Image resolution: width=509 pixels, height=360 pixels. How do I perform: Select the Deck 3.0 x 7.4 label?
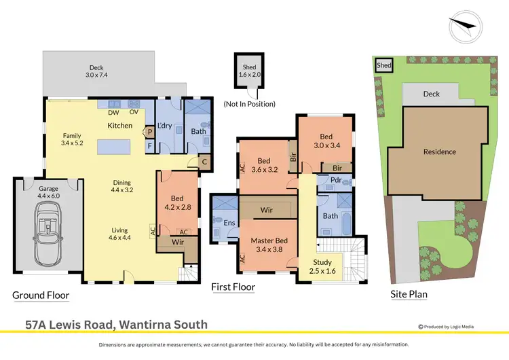pyautogui.click(x=98, y=71)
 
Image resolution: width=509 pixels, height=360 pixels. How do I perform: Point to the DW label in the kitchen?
pyautogui.click(x=113, y=113)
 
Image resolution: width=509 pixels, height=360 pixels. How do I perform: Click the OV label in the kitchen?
pyautogui.click(x=134, y=113)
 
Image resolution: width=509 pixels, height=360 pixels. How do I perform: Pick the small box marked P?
pyautogui.click(x=149, y=132)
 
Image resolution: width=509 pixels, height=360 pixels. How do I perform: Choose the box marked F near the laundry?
pyautogui.click(x=149, y=145)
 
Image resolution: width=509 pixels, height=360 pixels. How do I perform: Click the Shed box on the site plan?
pyautogui.click(x=384, y=65)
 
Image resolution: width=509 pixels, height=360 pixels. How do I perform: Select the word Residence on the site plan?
pyautogui.click(x=438, y=152)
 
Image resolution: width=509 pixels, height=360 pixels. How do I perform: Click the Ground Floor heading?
pyautogui.click(x=41, y=295)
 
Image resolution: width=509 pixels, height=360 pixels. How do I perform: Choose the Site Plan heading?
pyautogui.click(x=408, y=295)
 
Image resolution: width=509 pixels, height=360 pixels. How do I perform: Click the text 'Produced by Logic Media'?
pyautogui.click(x=449, y=327)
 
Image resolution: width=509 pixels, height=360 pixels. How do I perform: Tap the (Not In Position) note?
pyautogui.click(x=249, y=104)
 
